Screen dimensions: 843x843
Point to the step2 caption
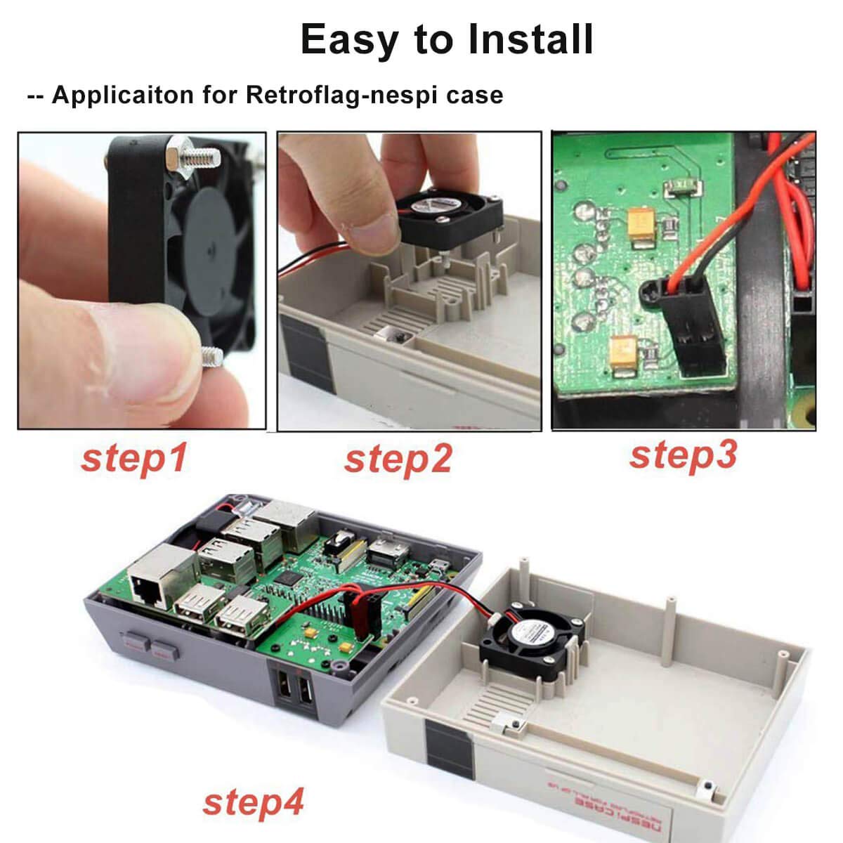[398, 459]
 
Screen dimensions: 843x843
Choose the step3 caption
[683, 455]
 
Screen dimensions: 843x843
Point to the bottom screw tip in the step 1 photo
[210, 354]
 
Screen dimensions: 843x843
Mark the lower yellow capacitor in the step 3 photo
[624, 349]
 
